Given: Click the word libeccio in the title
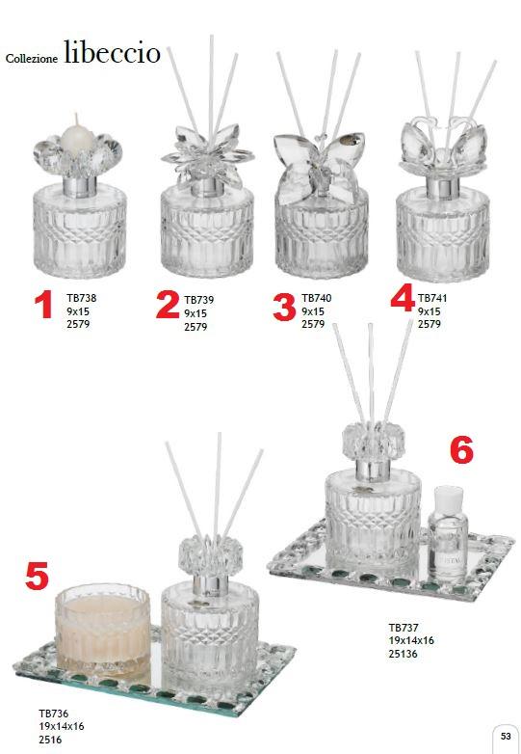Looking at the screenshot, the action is coord(112,52).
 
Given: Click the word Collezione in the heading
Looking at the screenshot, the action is coord(32,58).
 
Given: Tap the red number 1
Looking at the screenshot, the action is coord(43,305).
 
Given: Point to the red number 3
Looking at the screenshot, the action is coord(284,308).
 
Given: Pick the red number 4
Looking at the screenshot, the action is coord(403,297).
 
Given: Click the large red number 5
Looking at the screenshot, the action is coord(37,576).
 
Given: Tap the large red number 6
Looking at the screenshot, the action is coord(461,450).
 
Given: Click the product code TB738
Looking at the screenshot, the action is coord(82,298).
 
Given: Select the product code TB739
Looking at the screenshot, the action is coord(198,300).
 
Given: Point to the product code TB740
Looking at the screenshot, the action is coord(317,298).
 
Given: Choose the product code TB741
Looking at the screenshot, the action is coord(432,298).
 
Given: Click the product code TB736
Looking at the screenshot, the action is coord(54,714).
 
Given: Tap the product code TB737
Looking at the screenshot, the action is coord(404,628).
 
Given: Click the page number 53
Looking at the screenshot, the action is coord(506,737).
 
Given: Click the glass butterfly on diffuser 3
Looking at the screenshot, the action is coord(320,166).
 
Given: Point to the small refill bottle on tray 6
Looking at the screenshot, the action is coord(448,534).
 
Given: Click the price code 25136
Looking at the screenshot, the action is coord(404,654).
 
